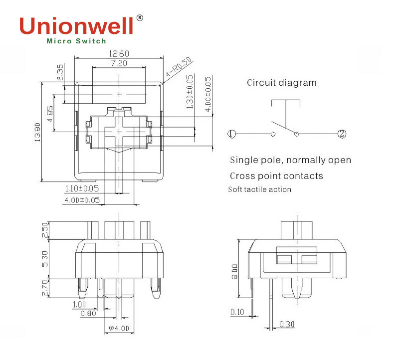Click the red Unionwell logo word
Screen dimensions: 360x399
(x=76, y=26)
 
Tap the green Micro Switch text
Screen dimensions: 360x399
(x=76, y=42)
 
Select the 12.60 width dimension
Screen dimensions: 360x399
(x=118, y=54)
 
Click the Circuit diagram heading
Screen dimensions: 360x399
(x=281, y=83)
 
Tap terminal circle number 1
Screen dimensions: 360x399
(x=231, y=134)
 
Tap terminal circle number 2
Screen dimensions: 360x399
(x=342, y=134)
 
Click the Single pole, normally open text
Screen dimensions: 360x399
(x=290, y=160)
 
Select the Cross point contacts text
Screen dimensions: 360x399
(x=276, y=176)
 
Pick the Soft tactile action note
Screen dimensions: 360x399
(x=259, y=189)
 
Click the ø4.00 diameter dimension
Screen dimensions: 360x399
(x=119, y=329)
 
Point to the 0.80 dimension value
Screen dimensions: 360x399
(x=89, y=314)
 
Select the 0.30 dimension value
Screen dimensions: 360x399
(x=287, y=324)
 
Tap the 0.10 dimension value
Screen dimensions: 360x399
(x=238, y=313)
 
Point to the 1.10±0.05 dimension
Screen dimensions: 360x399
(x=82, y=188)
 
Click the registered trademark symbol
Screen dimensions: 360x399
(x=140, y=17)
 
